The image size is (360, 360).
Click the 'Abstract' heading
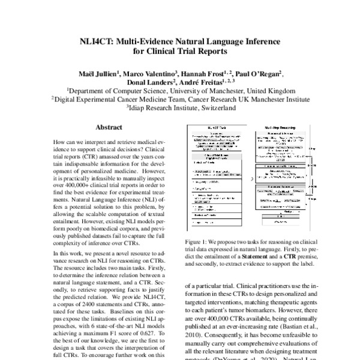[x=109, y=128]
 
